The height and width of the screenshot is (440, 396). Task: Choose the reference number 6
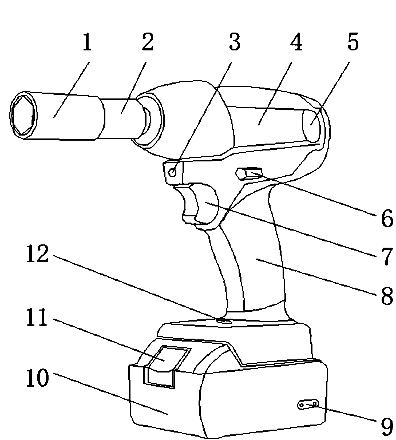386,218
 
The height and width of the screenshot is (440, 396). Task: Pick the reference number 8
386,295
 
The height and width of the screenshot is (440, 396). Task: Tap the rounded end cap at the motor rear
311,125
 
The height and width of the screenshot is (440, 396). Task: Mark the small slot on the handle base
224,321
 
